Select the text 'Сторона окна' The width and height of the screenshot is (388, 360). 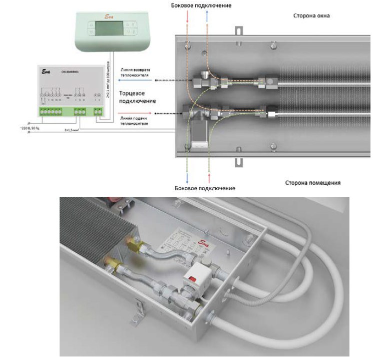pos(311,16)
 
